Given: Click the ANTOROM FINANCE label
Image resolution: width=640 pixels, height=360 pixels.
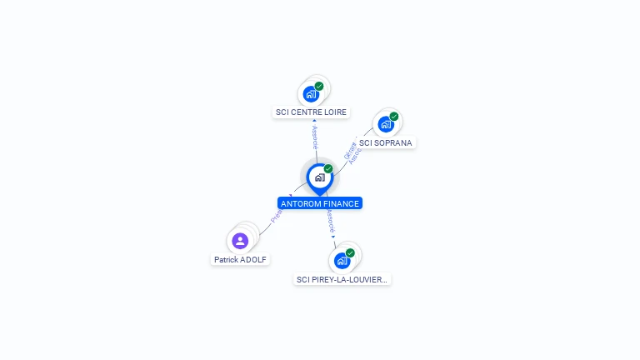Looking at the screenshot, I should [x=320, y=203].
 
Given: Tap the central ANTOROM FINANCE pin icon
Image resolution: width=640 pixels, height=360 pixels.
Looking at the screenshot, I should [x=319, y=177].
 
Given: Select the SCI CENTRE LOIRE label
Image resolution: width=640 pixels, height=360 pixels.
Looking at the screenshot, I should [x=311, y=112].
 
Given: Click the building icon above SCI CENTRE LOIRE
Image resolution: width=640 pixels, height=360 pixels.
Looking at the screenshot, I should [x=312, y=93].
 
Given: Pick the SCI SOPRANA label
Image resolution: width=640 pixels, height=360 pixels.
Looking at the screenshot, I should [x=385, y=142].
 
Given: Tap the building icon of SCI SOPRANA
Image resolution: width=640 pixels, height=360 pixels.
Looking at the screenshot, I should [x=385, y=124].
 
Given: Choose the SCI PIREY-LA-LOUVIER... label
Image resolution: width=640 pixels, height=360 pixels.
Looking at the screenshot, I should [x=342, y=280].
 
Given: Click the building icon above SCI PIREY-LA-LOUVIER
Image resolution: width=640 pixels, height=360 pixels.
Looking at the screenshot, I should [x=342, y=261].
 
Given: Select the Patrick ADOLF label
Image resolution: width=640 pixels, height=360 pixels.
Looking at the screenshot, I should [x=240, y=259].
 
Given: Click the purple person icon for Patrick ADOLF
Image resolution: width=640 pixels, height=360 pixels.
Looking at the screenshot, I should [x=240, y=241].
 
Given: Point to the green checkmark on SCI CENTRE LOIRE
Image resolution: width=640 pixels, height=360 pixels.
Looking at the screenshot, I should [x=319, y=86].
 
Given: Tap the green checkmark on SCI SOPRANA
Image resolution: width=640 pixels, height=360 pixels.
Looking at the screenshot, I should [x=394, y=117].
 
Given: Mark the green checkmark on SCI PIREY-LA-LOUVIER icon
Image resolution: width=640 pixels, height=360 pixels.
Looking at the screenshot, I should [x=350, y=252].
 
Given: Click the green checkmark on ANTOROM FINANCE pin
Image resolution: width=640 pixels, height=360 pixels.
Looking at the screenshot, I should [x=328, y=169].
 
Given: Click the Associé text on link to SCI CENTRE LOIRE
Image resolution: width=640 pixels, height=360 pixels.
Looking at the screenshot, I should [x=315, y=137].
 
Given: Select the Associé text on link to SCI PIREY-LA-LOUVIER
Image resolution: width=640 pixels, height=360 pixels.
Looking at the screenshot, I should [x=330, y=221].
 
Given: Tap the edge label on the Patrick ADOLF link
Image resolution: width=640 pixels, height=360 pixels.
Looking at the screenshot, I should [x=277, y=214].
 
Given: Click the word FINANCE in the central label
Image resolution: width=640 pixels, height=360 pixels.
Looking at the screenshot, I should [x=341, y=203].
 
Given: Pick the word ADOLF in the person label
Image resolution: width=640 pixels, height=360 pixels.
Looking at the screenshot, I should [x=253, y=259].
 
